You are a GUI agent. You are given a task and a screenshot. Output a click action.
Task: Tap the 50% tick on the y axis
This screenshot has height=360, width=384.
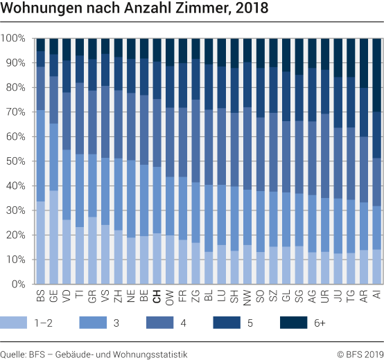[x=17, y=161]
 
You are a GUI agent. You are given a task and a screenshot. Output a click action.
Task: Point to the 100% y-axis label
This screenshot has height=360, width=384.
[x=15, y=38]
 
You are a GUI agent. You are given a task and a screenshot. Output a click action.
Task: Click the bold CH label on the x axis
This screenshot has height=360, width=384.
[x=157, y=297]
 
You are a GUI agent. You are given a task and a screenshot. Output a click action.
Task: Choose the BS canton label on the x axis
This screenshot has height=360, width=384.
[x=41, y=297]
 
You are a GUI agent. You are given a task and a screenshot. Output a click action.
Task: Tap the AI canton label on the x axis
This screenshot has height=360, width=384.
[x=377, y=296]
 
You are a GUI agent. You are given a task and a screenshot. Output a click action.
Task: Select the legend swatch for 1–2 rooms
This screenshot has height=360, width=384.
[x=17, y=323]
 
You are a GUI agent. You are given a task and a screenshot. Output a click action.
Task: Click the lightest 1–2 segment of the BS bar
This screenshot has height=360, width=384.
[x=41, y=242]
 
